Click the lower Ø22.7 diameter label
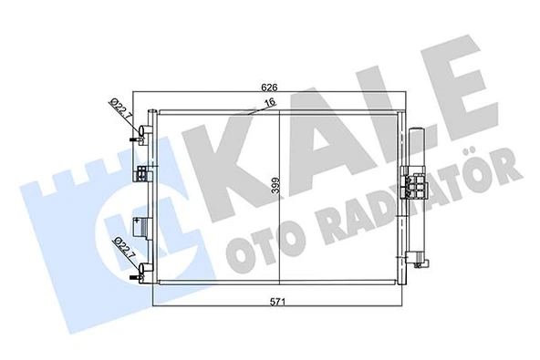(120, 248)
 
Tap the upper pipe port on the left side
(140, 139)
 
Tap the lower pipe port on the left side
(139, 271)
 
